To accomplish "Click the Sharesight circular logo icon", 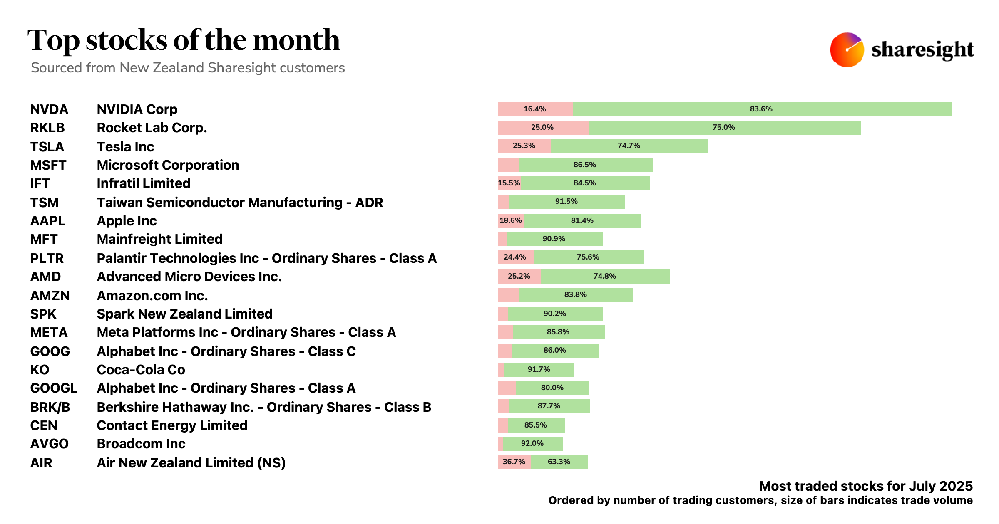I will point(847,50).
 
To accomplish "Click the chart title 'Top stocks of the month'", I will point(184,40).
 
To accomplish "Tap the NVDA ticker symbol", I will point(49,109).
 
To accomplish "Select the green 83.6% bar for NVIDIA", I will point(762,109).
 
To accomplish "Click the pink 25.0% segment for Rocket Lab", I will point(543,128).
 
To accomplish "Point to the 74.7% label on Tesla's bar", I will point(629,146).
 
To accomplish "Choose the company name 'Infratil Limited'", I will point(144,183).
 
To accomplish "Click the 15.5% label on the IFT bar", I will point(509,183).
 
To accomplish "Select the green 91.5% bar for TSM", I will point(567,202).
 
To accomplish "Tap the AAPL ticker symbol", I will point(47,221).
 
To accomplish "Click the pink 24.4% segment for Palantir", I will point(515,257).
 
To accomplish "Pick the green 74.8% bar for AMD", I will point(605,276).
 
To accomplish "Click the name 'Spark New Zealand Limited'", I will point(184,314).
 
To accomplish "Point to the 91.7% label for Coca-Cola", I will point(539,369).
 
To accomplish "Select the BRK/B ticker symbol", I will point(50,407).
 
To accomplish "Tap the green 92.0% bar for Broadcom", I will point(533,444).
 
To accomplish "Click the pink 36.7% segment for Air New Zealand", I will point(514,462).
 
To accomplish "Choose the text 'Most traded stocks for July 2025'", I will point(866,486).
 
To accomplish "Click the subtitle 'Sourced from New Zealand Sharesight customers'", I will point(188,68).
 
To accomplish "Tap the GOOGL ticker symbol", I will point(54,388).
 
